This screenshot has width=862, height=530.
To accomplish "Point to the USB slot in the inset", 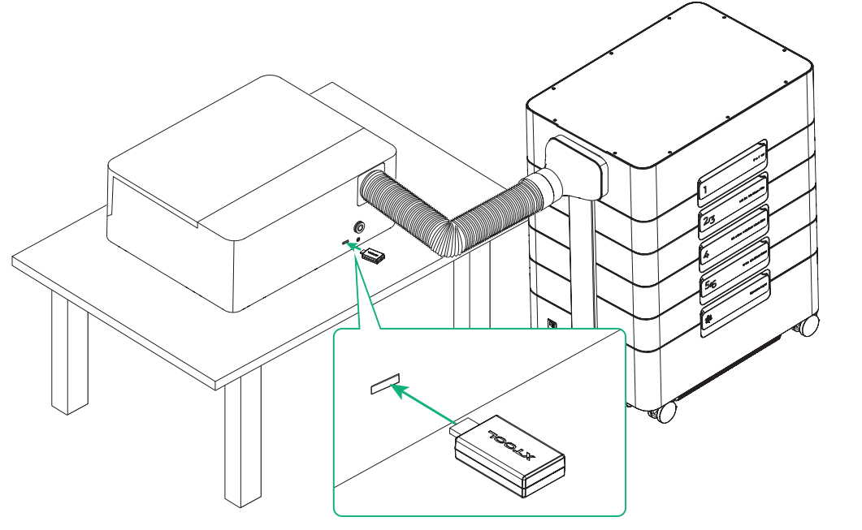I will (x=384, y=384).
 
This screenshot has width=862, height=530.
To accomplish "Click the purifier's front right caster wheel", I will (x=665, y=412).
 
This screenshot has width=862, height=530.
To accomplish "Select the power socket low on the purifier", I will (x=552, y=324).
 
